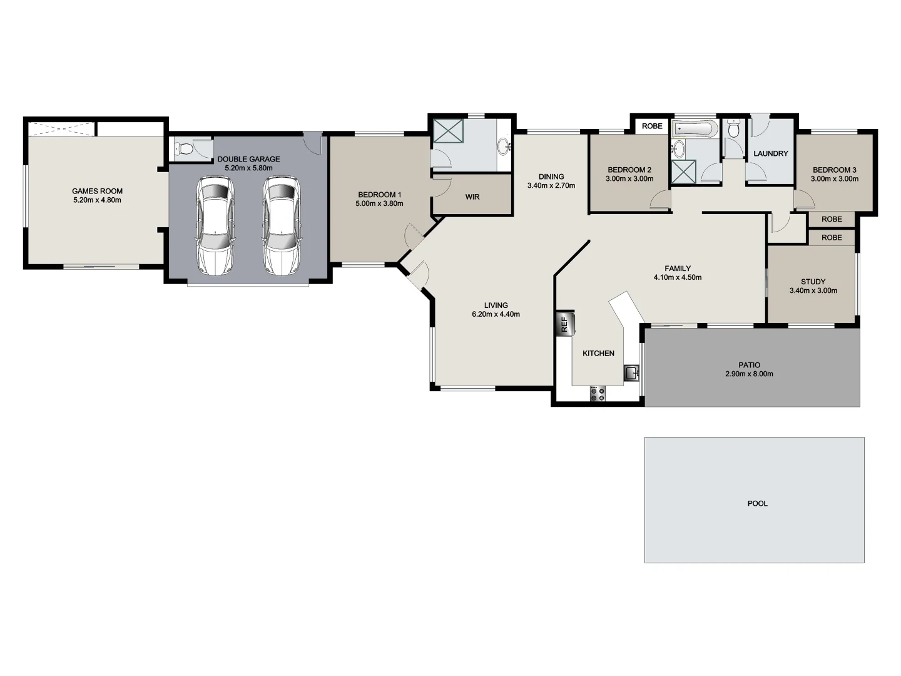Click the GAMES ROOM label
pos(97,192)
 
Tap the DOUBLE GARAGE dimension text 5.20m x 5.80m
pos(248,168)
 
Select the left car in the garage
pos(215,225)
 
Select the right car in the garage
pos(281,225)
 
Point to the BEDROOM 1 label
pos(379,195)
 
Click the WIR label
pos(472,197)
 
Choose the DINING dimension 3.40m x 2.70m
pos(551,186)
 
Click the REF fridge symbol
pos(564,324)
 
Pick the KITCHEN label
pos(598,354)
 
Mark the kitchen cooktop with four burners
pos(598,394)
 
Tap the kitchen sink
pos(631,374)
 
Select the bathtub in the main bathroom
pos(695,130)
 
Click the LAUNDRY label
pos(770,154)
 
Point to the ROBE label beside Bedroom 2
pos(652,126)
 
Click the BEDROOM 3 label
pos(834,170)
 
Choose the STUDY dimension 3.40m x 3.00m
pos(813,291)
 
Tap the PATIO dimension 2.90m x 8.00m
pos(749,374)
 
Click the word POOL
pos(757,504)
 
